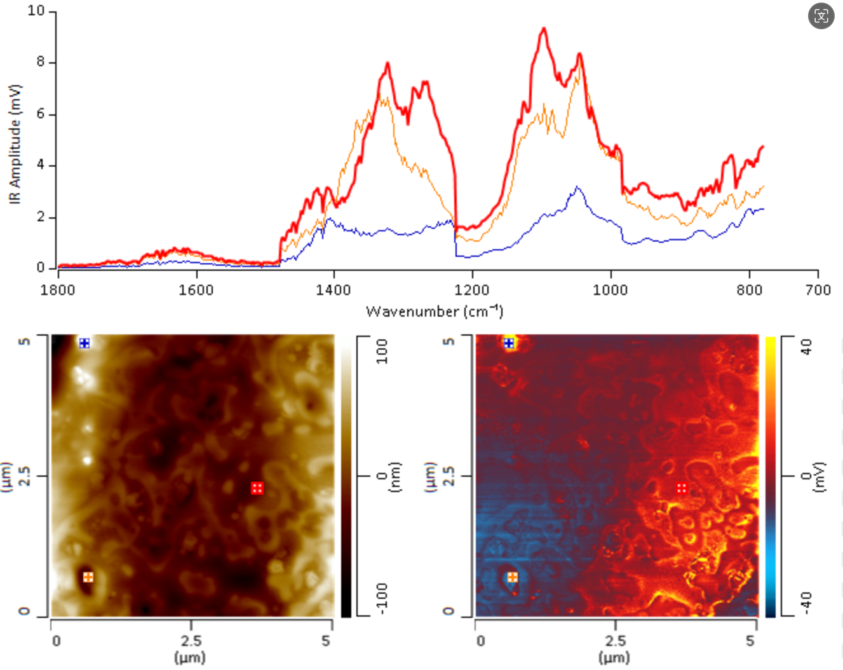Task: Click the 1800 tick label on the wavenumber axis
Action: pos(58,290)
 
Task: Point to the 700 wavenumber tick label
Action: pos(818,290)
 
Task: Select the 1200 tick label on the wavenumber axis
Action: pos(472,290)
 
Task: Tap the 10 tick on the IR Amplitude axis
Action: pos(36,11)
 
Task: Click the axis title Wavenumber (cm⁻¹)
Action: pos(435,311)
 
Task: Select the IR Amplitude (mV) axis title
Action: pos(15,144)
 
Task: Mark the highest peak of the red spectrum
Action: pos(544,29)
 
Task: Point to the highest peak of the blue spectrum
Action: pos(576,187)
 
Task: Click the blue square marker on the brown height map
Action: pos(84,343)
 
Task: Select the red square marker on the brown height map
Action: pos(257,488)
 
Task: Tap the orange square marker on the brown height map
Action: pos(88,577)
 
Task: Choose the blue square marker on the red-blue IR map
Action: pos(509,343)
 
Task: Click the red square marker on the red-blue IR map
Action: pos(682,488)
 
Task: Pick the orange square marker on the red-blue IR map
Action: pos(513,577)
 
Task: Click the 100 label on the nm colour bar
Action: pos(382,351)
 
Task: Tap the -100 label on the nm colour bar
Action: pos(382,599)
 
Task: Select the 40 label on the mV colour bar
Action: pos(806,347)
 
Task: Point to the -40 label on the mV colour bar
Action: pos(806,601)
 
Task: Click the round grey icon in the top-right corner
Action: pos(821,16)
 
